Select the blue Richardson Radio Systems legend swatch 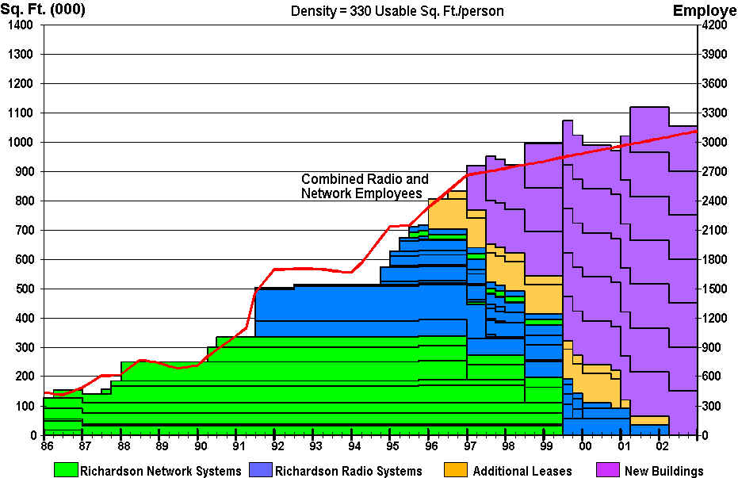tap(261, 469)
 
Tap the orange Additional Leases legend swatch tap(459, 469)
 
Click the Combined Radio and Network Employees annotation tap(365, 186)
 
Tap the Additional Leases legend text tap(522, 471)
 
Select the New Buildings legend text tap(663, 471)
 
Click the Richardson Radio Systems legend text tap(349, 471)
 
